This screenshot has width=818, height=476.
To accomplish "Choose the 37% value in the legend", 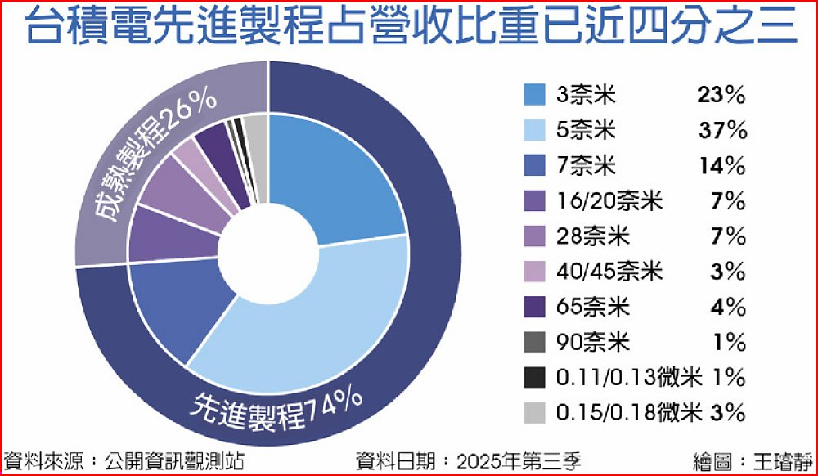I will (722, 131).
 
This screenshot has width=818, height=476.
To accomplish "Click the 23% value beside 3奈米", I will (722, 96).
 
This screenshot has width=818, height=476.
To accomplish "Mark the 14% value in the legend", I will (722, 166).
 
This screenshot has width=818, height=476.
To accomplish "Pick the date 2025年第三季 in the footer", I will (517, 460).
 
